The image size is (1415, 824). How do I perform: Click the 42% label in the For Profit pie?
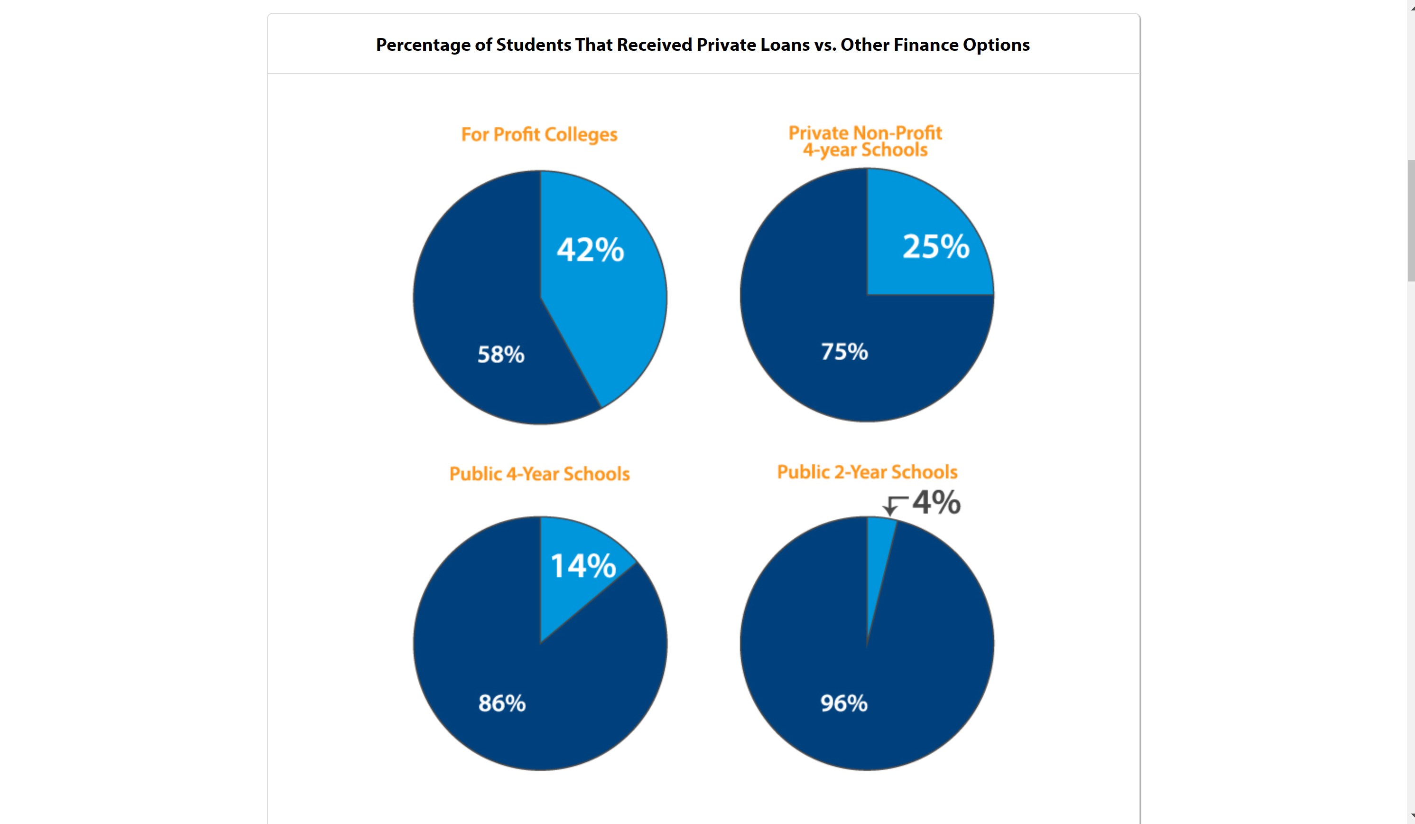point(590,250)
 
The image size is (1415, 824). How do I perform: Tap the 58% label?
point(501,355)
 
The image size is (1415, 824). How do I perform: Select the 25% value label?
point(936,246)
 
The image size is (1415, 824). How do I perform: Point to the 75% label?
point(844,352)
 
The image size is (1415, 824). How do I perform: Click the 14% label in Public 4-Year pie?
point(583,566)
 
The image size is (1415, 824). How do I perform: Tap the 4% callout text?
point(936,502)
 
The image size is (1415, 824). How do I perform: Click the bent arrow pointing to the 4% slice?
point(893,505)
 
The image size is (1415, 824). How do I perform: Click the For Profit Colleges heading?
point(539,135)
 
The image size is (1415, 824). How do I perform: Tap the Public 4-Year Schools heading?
point(540,474)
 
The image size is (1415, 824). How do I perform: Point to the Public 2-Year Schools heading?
point(867,472)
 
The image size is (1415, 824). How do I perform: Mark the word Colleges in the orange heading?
point(581,135)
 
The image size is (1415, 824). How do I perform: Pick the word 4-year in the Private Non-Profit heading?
point(829,150)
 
